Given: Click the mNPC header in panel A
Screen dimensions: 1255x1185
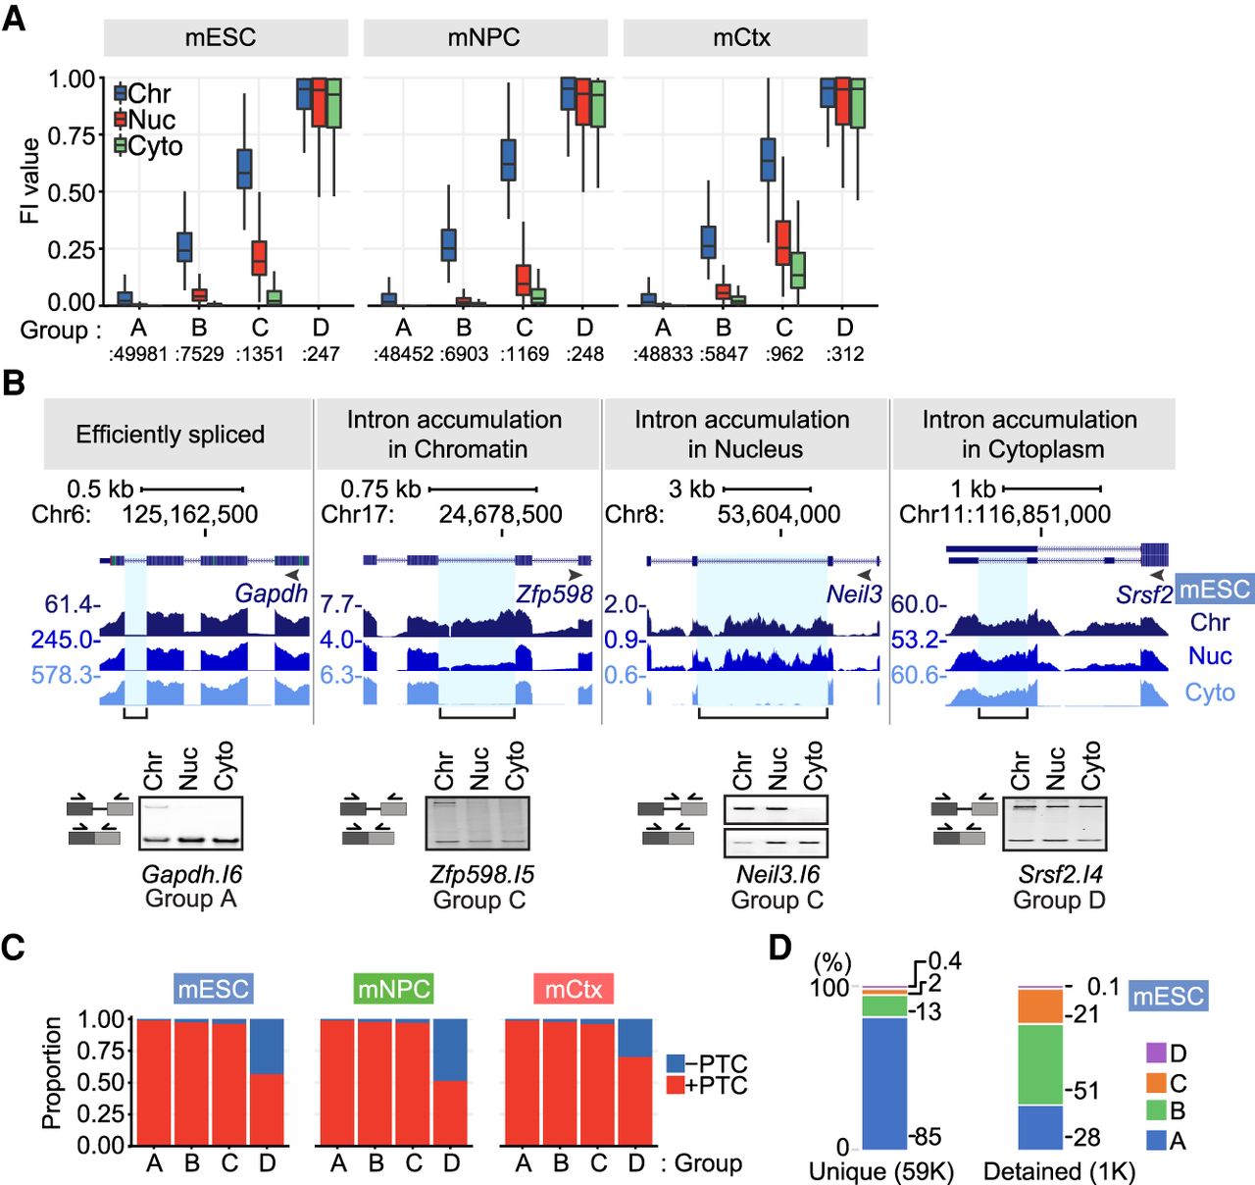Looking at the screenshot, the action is tap(484, 37).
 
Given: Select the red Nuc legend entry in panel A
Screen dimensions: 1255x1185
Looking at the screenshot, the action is tap(145, 120).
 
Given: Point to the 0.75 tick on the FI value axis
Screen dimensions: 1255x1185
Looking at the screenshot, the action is tap(72, 136).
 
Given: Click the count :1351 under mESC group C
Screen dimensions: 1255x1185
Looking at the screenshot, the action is tap(260, 353).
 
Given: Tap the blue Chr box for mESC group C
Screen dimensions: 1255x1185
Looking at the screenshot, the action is tap(244, 169).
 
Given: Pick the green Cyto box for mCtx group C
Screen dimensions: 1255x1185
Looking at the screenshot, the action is tap(798, 270).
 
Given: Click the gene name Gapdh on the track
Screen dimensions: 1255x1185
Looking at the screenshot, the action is tap(271, 593).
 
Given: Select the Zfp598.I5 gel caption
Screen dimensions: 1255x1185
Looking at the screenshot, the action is tap(481, 874).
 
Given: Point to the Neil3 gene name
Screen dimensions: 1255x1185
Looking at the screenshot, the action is tap(854, 593).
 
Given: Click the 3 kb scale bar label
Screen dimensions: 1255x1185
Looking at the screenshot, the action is tap(691, 489).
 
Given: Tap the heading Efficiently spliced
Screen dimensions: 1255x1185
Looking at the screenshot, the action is tap(170, 435).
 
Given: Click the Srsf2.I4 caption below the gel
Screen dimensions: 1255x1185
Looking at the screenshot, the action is tap(1060, 874).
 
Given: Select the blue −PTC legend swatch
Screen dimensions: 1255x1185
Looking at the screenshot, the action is tap(676, 1063).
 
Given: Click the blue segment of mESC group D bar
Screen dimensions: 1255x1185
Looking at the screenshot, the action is tap(268, 1046).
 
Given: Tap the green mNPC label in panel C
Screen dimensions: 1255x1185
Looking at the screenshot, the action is tap(394, 989).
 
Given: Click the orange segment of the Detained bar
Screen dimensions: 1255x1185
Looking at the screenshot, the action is tap(1040, 1006).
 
